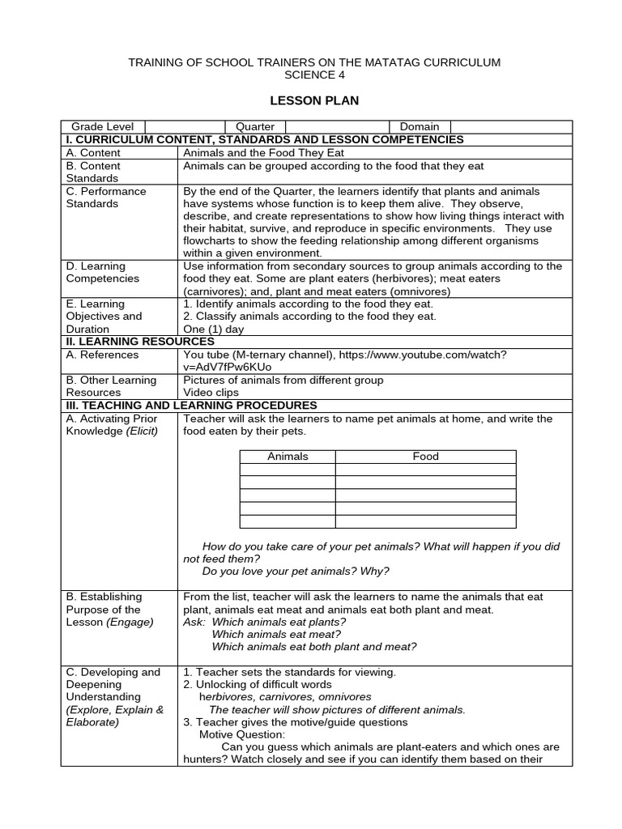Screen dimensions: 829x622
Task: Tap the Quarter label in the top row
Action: point(255,126)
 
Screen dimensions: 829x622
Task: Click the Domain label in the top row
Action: point(420,126)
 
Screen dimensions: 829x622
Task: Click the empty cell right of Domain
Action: point(511,126)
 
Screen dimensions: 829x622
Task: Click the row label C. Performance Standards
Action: point(106,198)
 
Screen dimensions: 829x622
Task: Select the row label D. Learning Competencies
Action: point(102,272)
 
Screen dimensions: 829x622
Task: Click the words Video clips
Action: point(211,392)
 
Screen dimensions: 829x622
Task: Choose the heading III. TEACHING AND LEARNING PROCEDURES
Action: point(191,405)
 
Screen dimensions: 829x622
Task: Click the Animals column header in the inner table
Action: point(288,457)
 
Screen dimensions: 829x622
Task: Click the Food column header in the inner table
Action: point(425,457)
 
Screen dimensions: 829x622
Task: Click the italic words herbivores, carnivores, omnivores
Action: point(285,696)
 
